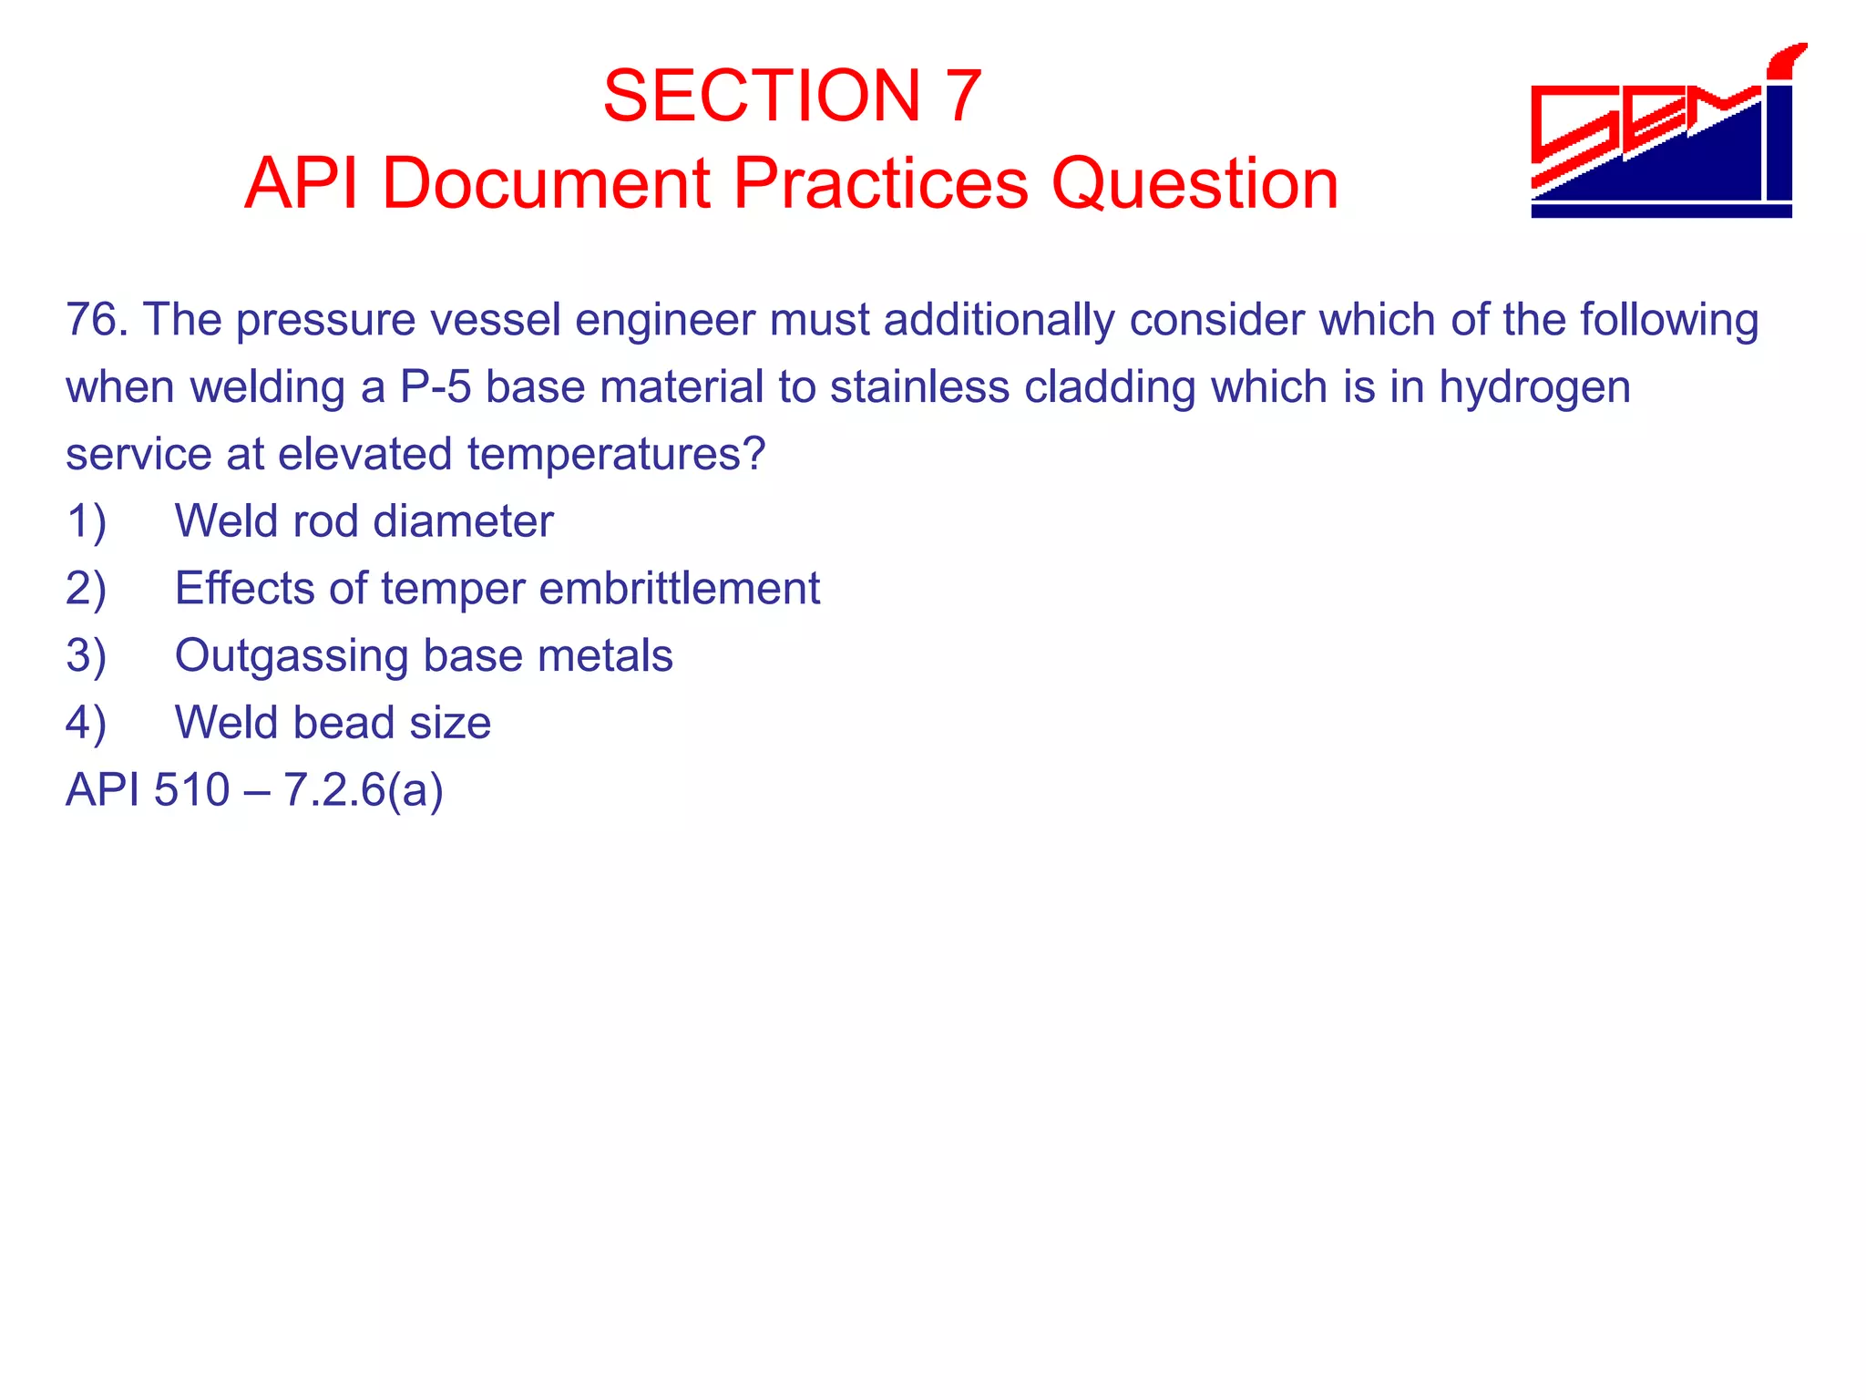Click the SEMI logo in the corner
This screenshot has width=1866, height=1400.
(1664, 132)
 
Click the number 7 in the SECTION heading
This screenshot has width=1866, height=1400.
(962, 96)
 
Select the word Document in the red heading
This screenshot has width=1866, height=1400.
(545, 183)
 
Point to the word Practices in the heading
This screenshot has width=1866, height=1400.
(880, 183)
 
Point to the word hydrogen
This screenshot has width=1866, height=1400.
(1534, 387)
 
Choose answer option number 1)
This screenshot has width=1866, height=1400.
(87, 521)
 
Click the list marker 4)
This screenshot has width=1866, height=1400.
(87, 723)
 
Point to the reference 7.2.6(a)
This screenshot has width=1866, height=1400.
(364, 789)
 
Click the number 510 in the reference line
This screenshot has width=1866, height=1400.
(191, 789)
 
